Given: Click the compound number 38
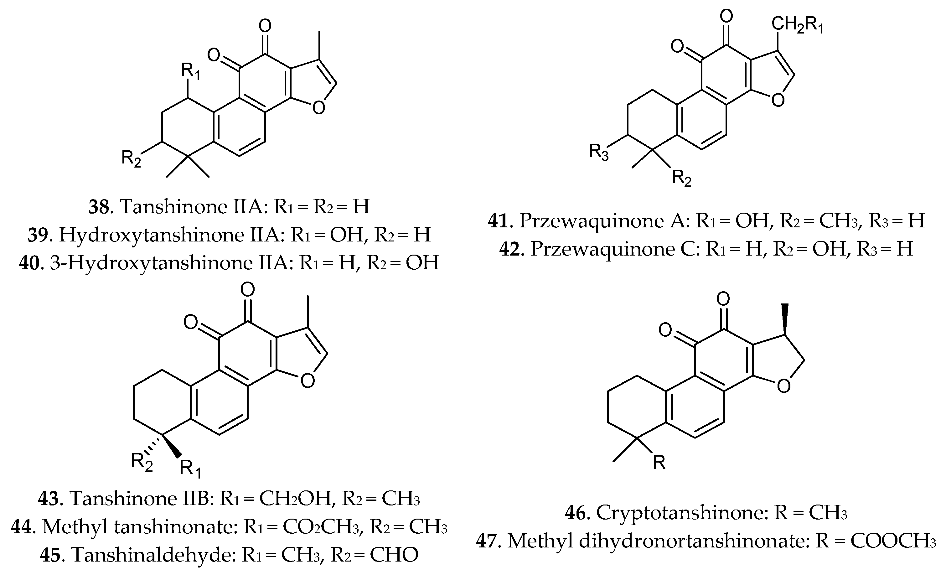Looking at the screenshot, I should [99, 207].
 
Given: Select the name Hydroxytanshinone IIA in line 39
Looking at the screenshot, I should [171, 235].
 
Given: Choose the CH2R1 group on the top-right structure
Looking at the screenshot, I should [797, 25].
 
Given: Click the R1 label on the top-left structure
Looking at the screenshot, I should [190, 71].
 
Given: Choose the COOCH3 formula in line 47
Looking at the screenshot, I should [893, 541].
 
